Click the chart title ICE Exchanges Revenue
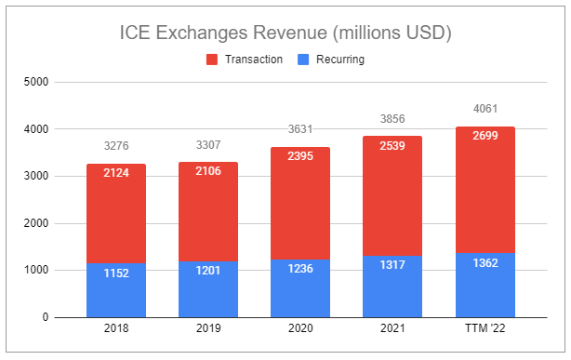[x=285, y=34]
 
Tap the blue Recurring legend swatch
[x=303, y=59]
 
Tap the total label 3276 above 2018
[x=116, y=147]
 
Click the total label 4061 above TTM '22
[x=485, y=110]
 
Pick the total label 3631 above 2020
[x=300, y=130]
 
